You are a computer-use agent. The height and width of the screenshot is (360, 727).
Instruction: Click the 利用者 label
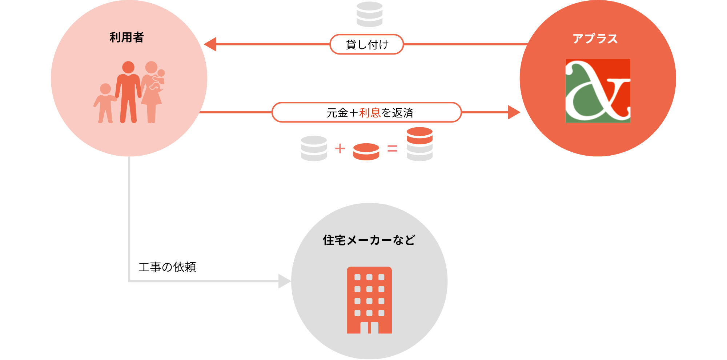point(126,37)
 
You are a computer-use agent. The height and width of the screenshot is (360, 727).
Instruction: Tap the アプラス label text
point(595,39)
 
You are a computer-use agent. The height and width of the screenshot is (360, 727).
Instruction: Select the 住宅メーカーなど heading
point(369,240)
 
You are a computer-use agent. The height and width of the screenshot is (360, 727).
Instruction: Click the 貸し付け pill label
point(367,44)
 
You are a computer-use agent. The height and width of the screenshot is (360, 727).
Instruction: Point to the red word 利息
point(370,113)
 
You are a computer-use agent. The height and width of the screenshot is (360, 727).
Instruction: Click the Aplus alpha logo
point(598,91)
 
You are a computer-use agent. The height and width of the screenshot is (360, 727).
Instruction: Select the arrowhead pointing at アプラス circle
point(514,112)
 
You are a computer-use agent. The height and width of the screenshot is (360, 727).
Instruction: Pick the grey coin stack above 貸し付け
point(369,15)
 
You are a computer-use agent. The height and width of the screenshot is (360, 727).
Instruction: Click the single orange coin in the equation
point(366,151)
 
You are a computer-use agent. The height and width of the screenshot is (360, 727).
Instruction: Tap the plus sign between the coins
point(340,148)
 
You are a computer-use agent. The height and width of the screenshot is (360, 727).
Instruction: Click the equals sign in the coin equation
point(392,148)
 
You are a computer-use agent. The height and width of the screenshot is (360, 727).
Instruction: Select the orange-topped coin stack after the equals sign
point(419,144)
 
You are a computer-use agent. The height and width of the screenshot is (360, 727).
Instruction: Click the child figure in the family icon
point(105,104)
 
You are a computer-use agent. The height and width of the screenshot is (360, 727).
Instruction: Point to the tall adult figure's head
point(128,67)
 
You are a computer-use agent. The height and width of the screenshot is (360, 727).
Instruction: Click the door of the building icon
point(369,328)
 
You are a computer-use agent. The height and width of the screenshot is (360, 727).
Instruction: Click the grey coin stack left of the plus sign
point(314,148)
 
